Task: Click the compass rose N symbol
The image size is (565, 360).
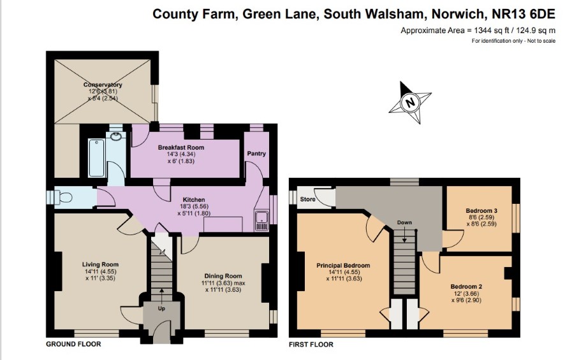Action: click(409, 103)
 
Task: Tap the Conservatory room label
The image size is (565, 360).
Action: click(103, 85)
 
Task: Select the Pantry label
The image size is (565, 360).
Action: click(256, 154)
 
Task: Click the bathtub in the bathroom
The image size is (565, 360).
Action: click(96, 158)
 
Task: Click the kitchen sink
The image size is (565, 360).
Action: click(261, 220)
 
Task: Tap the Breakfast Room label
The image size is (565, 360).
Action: click(181, 147)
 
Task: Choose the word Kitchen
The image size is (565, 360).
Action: click(194, 199)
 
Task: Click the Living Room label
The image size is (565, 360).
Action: click(100, 264)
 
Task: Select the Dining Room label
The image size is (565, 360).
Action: click(223, 276)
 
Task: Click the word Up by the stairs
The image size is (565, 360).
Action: click(161, 308)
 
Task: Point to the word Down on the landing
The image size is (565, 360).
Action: click(404, 222)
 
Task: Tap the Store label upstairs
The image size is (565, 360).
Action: click(308, 199)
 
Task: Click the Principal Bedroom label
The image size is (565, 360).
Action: click(343, 266)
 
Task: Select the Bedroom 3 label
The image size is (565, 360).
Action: click(481, 211)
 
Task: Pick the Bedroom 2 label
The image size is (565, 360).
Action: click(466, 287)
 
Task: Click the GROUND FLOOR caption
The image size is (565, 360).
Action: click(73, 344)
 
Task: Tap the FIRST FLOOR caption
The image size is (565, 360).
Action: click(311, 345)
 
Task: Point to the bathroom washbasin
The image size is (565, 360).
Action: click(116, 137)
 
